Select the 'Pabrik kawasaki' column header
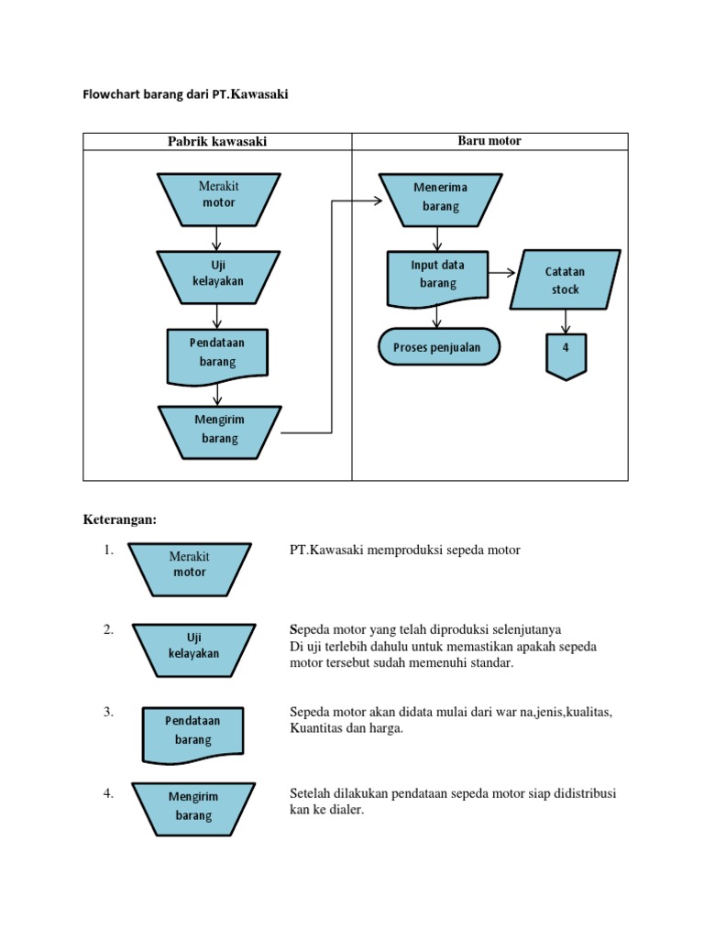tap(217, 141)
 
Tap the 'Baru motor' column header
tap(489, 140)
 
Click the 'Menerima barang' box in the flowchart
tap(440, 197)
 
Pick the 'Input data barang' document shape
tap(437, 274)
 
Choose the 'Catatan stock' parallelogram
tap(565, 280)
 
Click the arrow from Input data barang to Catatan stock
tap(500, 272)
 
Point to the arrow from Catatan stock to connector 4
tap(566, 322)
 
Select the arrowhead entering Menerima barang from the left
tap(376, 201)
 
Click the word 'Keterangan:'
tap(120, 519)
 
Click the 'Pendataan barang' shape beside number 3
tap(192, 731)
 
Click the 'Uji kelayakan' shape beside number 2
tap(193, 645)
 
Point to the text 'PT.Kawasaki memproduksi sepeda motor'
tap(404, 551)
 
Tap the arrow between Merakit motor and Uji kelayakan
tap(216, 238)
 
